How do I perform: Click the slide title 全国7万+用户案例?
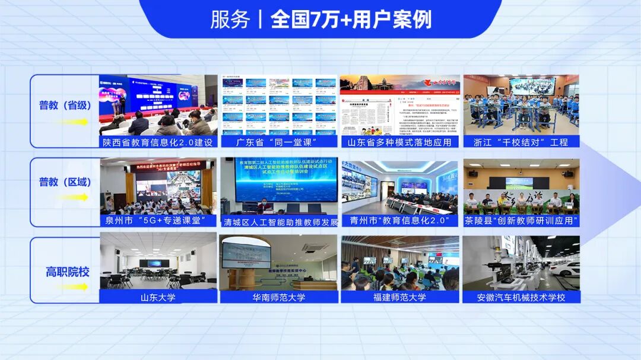(x=351, y=20)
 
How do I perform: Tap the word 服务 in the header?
(x=230, y=20)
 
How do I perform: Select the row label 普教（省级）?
(x=65, y=105)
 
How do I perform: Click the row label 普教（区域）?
(x=65, y=182)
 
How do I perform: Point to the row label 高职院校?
(x=68, y=272)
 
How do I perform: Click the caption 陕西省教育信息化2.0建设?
(x=157, y=142)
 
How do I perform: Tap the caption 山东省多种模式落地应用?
(x=399, y=142)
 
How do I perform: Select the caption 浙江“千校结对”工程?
(x=521, y=142)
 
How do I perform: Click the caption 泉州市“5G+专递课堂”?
(x=157, y=221)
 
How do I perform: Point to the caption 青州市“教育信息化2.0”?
(x=399, y=221)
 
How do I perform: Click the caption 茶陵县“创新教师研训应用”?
(x=521, y=221)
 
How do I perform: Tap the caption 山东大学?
(x=157, y=297)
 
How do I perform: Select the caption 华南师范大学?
(x=278, y=297)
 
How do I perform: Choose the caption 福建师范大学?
(x=399, y=297)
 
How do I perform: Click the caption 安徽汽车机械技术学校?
(x=521, y=297)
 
